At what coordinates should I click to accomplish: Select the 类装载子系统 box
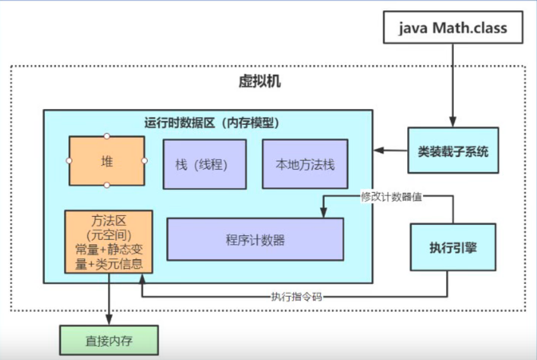pos(453,151)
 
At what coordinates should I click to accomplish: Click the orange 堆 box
pos(107,161)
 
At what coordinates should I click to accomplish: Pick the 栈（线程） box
pos(204,165)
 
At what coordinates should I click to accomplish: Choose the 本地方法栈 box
pos(304,164)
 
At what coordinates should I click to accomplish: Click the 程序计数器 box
pos(254,239)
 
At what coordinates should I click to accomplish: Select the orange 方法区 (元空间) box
pos(108,241)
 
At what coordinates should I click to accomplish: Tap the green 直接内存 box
pos(108,340)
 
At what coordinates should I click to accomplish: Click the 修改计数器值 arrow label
pos(391,197)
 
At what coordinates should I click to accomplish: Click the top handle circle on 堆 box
pos(107,136)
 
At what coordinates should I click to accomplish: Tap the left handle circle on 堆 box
pos(69,161)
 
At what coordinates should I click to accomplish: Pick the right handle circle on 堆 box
pos(145,161)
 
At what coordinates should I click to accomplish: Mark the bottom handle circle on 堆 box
pos(107,185)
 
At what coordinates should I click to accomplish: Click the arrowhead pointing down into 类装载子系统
pos(448,122)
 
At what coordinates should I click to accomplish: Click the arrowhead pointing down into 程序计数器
pos(324,213)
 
